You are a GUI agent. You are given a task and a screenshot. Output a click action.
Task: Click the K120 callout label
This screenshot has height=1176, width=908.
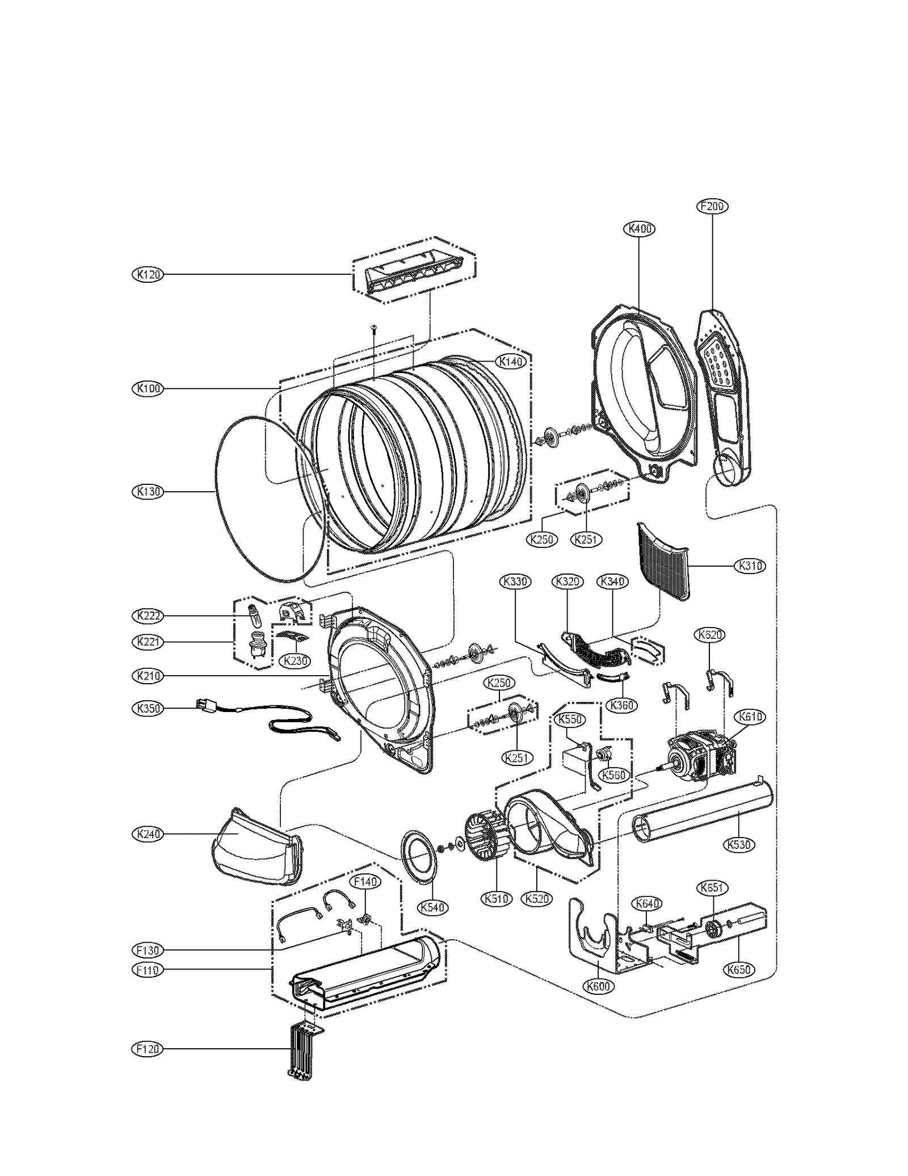[x=148, y=274]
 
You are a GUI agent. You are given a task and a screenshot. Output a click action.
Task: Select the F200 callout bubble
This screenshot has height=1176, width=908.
[x=712, y=206]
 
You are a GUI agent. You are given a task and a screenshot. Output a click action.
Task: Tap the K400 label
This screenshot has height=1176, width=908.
[x=640, y=229]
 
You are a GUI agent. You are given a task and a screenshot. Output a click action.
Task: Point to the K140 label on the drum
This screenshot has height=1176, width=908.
[x=511, y=361]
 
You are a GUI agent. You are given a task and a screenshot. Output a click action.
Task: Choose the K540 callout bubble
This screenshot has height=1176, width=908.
[x=433, y=907]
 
